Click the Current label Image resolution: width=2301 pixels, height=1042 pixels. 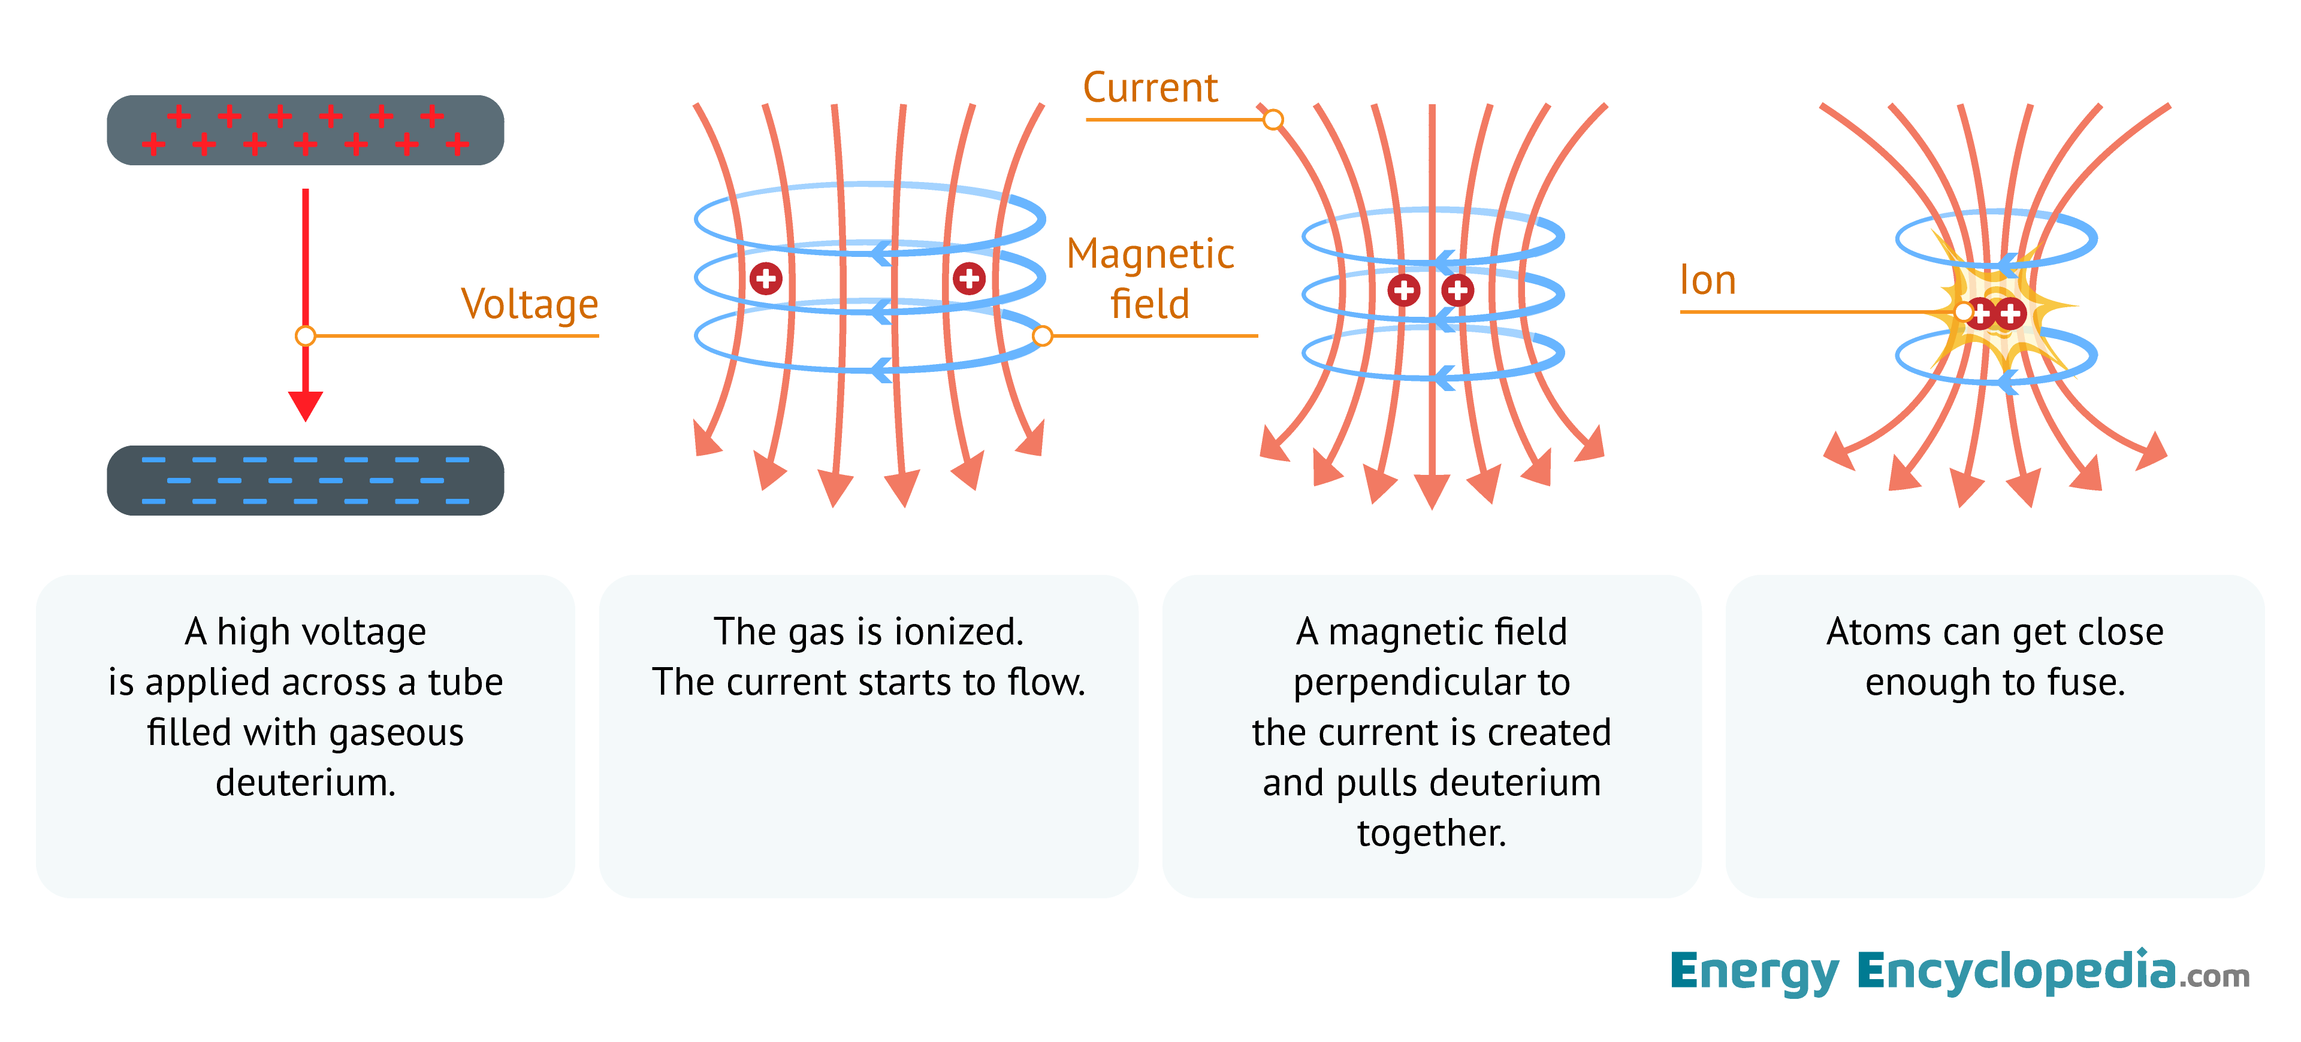click(x=1150, y=87)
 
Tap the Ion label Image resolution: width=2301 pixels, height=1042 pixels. click(x=1707, y=280)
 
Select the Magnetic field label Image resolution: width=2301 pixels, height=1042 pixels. click(x=1150, y=278)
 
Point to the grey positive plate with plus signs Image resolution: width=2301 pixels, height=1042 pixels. click(x=306, y=131)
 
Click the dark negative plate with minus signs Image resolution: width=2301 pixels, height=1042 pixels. click(x=306, y=480)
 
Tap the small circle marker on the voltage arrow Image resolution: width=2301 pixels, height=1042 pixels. click(x=306, y=336)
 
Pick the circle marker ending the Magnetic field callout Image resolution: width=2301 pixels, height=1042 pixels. click(x=1043, y=336)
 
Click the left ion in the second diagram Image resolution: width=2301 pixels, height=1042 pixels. click(x=766, y=278)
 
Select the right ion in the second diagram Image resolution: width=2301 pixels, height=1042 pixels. click(x=969, y=278)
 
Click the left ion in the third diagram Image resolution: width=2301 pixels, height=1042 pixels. click(x=1403, y=290)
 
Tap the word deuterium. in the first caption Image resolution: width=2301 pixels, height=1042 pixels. click(x=306, y=783)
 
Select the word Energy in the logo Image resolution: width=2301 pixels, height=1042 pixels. click(x=1755, y=971)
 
